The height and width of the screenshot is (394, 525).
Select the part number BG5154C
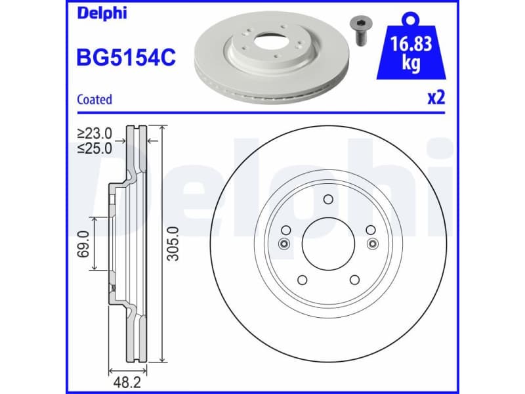126,58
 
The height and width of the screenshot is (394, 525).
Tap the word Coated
94,100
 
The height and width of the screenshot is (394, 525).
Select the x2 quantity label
436,98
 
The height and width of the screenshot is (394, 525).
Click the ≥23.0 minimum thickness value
94,133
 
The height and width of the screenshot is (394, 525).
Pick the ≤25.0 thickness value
94,148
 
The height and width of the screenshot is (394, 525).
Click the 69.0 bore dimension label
83,242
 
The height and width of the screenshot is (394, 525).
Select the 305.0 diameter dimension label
173,243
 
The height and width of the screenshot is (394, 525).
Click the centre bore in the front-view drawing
328,244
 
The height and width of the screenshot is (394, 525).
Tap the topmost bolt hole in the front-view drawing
328,200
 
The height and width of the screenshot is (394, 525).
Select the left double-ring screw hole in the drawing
283,244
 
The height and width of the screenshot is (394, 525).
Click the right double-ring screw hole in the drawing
373,244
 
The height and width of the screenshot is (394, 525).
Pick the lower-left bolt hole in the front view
302,280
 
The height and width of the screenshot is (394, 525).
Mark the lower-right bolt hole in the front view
354,280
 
